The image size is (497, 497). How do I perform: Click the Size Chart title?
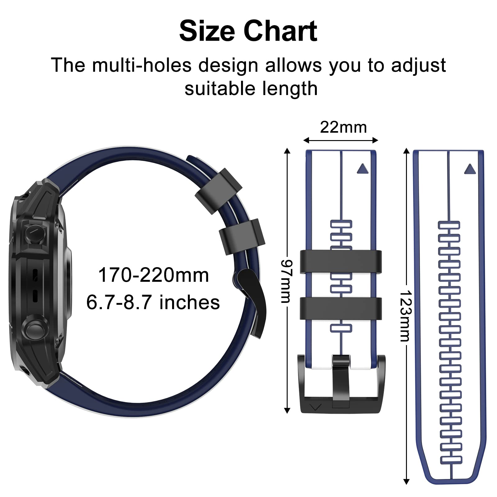(248, 31)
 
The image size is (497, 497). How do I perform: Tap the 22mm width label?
(343, 127)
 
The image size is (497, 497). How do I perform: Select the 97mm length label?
(286, 281)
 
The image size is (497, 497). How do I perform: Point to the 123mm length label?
(405, 316)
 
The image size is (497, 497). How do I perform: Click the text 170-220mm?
(153, 275)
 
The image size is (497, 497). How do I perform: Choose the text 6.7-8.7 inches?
(153, 302)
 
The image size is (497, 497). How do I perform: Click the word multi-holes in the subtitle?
(141, 65)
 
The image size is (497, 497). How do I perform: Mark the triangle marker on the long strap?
(470, 169)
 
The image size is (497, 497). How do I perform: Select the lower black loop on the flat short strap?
(341, 308)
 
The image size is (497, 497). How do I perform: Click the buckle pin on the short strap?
(341, 380)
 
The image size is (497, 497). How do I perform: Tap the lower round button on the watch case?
(35, 328)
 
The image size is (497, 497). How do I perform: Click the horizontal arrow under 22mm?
(340, 140)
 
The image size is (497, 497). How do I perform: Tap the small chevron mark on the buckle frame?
(316, 407)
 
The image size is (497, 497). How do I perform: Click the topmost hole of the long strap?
(449, 225)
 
